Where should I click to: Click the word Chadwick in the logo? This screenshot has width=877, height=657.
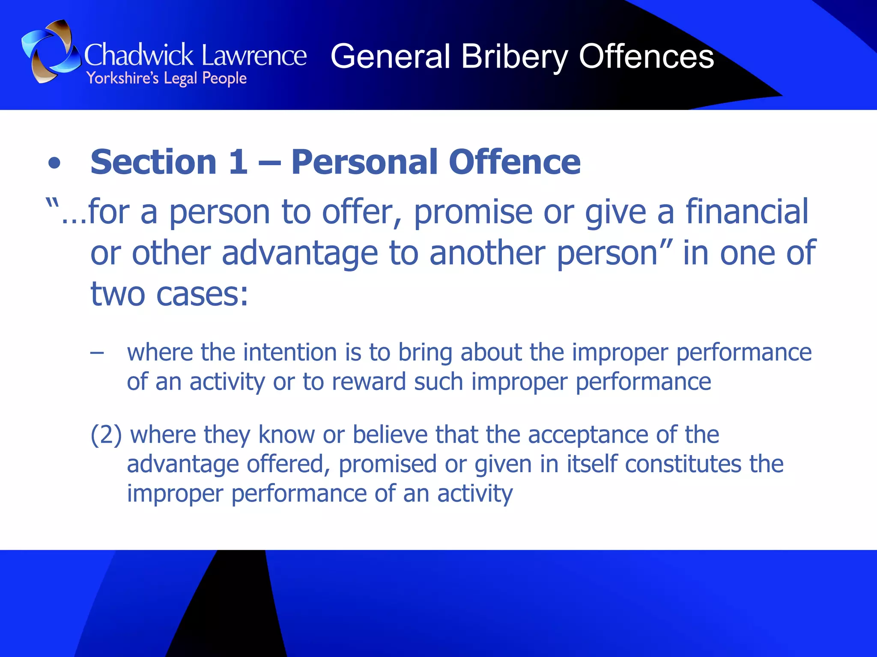pos(139,56)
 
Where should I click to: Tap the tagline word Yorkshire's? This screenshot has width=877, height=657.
pos(122,79)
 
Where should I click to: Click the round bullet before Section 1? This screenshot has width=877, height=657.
pos(54,163)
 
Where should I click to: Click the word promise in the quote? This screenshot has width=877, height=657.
pos(473,213)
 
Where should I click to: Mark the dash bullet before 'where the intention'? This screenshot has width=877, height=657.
pos(97,353)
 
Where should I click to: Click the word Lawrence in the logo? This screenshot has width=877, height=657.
pos(254,56)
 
